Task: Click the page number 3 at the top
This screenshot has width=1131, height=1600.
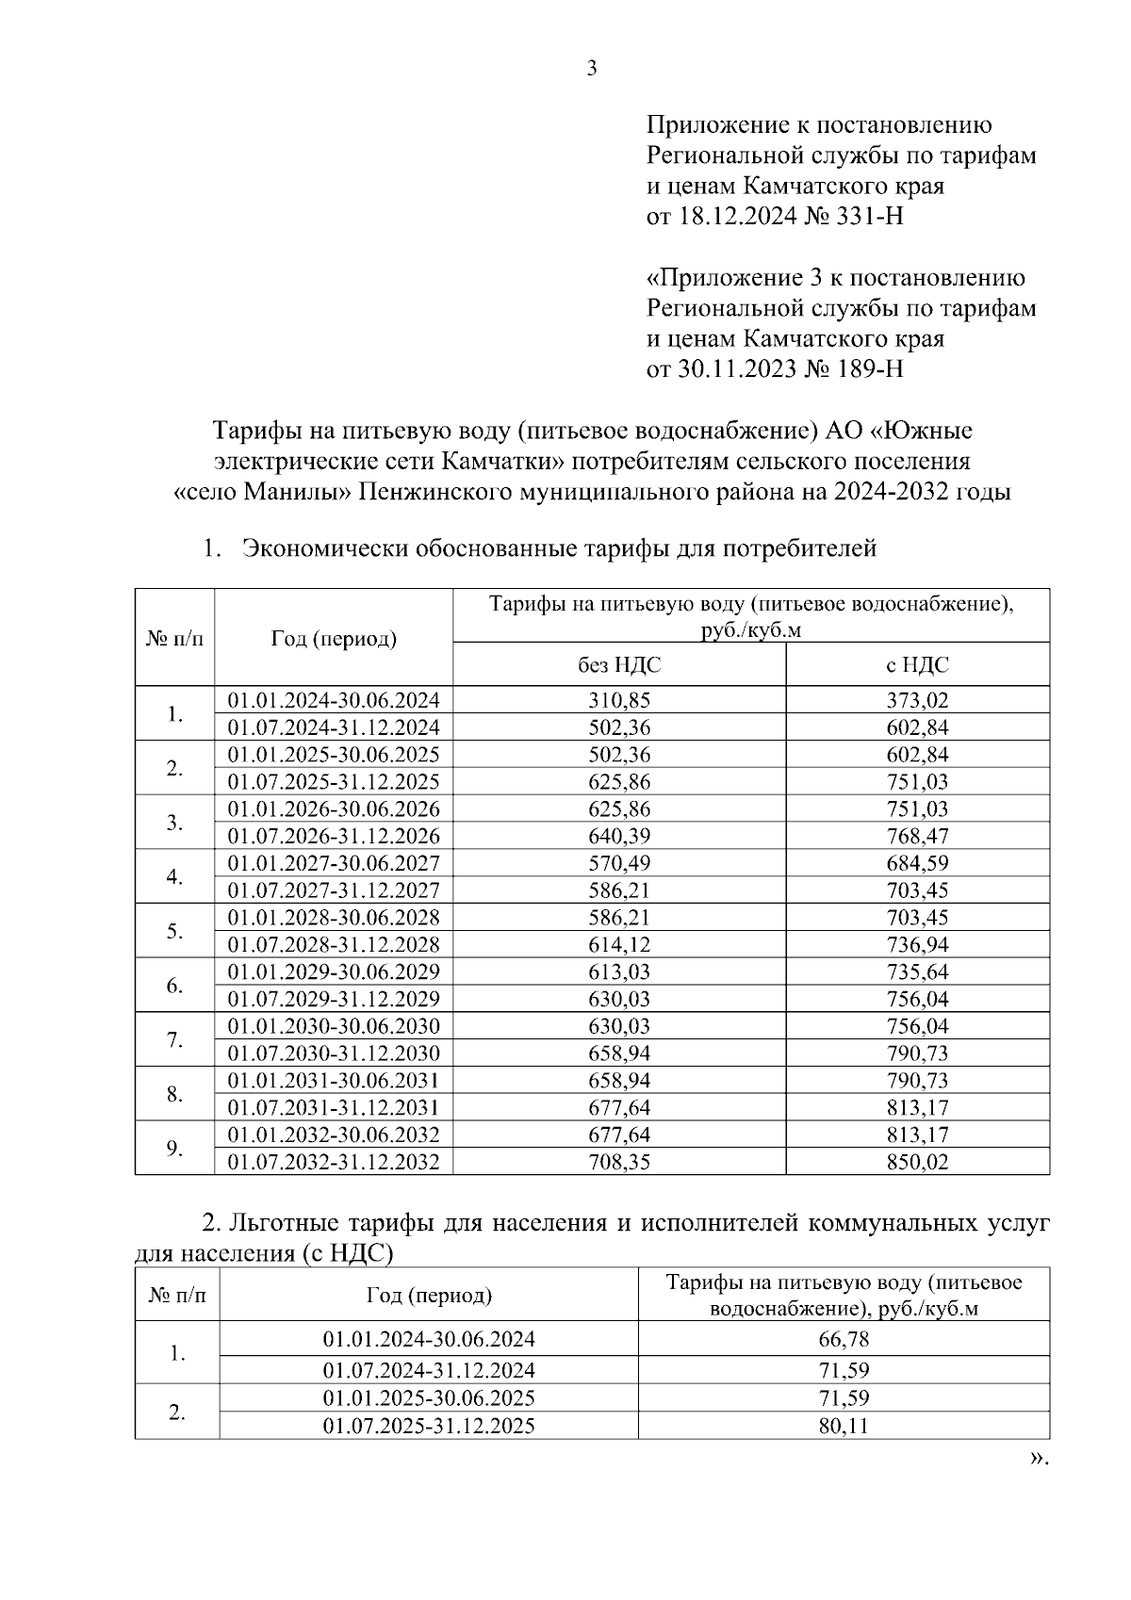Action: coord(592,69)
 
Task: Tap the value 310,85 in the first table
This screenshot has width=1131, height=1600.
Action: coord(619,700)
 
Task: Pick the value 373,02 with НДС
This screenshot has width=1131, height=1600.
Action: coord(917,700)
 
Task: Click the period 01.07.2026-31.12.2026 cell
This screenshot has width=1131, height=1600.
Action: coord(334,836)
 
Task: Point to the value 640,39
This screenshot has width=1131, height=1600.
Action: coord(619,836)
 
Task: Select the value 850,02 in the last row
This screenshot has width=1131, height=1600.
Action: coord(917,1162)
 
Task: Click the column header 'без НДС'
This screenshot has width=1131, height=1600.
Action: coord(619,665)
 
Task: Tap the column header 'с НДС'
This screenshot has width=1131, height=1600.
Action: coord(917,665)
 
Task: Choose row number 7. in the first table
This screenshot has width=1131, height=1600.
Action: coord(174,1040)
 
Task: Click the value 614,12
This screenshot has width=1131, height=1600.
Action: coord(619,944)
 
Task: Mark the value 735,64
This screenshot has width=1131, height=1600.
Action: coord(917,971)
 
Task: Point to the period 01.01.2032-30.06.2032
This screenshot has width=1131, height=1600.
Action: coord(334,1135)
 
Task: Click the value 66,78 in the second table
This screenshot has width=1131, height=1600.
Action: coord(844,1339)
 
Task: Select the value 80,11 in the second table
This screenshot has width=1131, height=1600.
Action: coord(844,1426)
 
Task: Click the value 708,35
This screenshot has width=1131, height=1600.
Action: coord(619,1162)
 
